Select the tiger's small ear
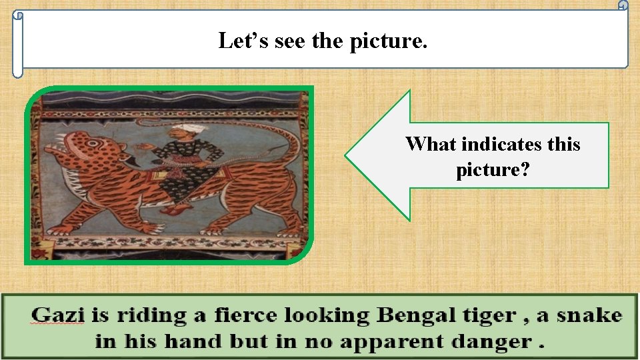(94, 139)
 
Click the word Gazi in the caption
(59, 315)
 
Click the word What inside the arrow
(431, 144)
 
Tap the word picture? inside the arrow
(493, 170)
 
